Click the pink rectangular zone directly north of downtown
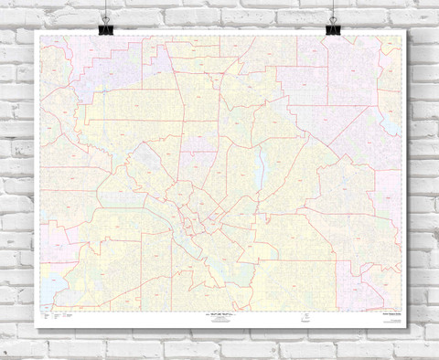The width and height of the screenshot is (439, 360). point(197,164)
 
